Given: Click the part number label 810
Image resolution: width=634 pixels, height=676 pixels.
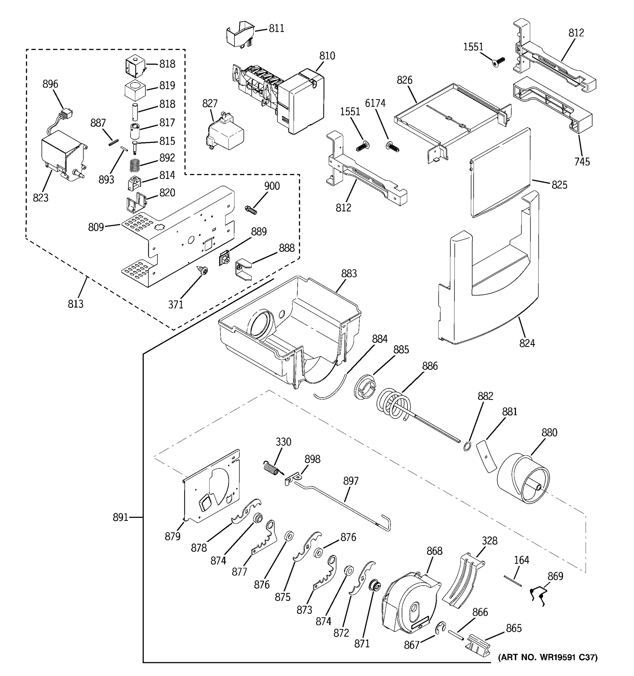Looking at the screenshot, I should tap(327, 56).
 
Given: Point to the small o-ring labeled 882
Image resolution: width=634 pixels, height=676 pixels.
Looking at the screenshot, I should tap(467, 446).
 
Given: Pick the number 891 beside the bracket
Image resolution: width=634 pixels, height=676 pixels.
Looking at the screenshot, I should tap(120, 517).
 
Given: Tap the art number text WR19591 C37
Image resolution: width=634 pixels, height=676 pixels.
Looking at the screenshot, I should tap(547, 657).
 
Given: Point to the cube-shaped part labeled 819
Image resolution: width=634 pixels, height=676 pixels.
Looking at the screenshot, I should tap(135, 91).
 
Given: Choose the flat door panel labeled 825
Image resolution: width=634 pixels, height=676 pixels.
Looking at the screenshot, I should tap(500, 174).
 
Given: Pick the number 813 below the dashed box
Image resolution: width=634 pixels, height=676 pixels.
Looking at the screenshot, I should tap(76, 304).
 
